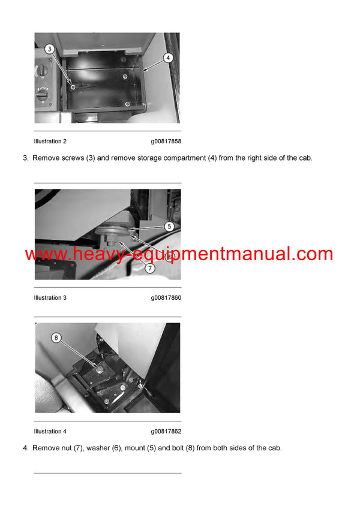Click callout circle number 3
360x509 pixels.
point(50,49)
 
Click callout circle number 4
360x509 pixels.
point(168,58)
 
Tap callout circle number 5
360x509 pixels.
point(169,227)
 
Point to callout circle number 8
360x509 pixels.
point(57,338)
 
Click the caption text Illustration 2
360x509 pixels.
point(50,141)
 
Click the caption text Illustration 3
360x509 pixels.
point(50,298)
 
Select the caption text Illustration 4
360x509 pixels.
point(50,431)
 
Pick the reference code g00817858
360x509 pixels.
point(166,141)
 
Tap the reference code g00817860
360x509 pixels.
point(166,298)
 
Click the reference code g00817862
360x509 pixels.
point(166,431)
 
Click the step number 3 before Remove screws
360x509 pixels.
point(25,158)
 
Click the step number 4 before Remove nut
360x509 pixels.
point(25,448)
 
